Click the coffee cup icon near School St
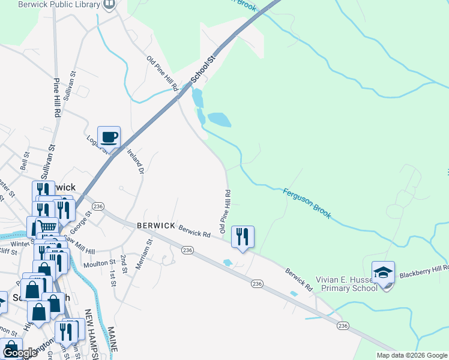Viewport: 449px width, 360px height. pos(109,137)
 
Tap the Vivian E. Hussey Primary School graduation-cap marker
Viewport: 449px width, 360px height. pos(383,273)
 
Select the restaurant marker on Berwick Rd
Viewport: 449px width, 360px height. pos(243,236)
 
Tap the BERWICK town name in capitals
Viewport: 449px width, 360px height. pos(155,224)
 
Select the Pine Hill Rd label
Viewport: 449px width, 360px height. pos(58,97)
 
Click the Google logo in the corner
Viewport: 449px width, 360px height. pos(19,353)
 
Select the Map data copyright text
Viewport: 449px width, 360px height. pos(412,355)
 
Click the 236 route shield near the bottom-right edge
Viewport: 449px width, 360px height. pos(343,325)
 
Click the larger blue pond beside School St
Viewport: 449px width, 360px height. pos(218,119)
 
